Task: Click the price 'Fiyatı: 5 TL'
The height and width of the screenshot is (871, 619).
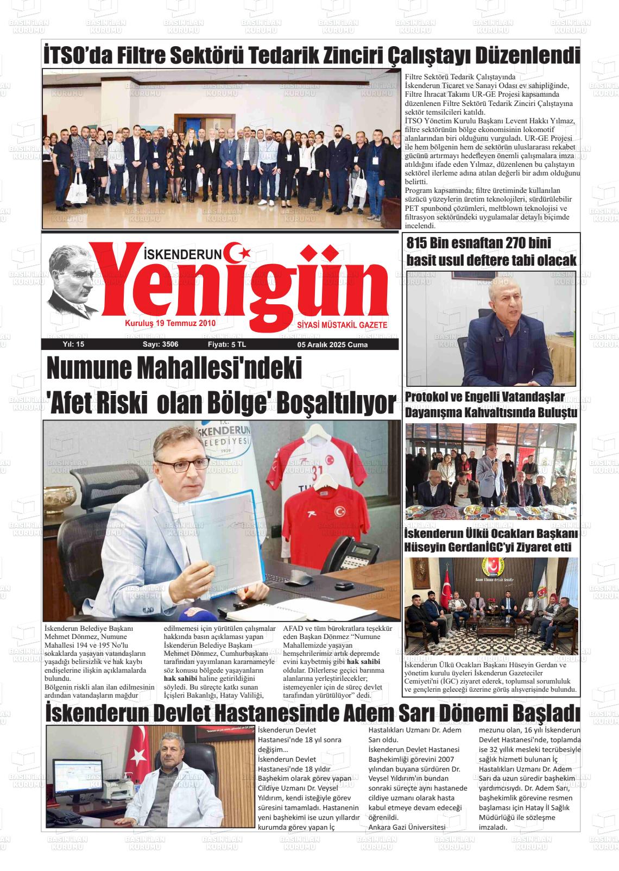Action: click(x=226, y=344)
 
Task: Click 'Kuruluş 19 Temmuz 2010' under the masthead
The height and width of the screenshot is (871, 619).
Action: click(x=170, y=323)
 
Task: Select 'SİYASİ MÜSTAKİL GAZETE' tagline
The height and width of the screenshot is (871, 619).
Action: click(x=342, y=324)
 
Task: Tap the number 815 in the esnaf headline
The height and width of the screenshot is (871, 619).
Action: click(x=421, y=243)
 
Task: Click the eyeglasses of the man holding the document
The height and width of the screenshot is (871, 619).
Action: click(x=186, y=466)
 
